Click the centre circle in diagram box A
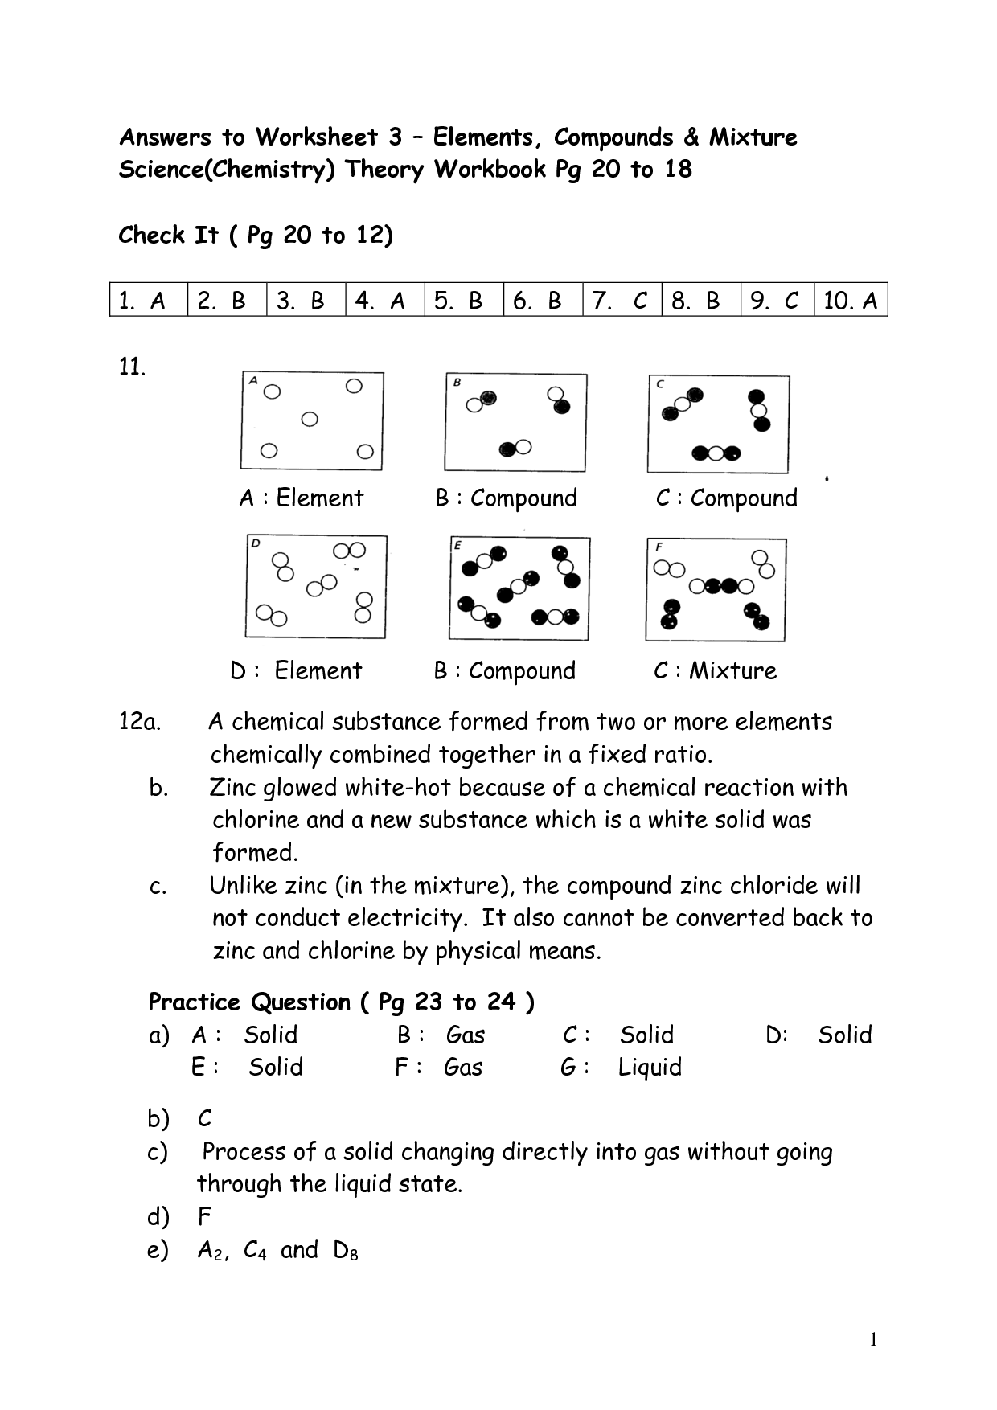[310, 419]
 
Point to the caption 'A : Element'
[302, 498]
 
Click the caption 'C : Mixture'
[716, 671]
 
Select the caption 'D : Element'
[296, 671]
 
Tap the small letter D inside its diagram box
[255, 543]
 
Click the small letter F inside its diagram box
[659, 547]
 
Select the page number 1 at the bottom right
[873, 1338]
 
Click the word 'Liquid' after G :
[650, 1068]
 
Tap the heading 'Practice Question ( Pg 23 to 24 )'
[341, 1002]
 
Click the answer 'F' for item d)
[204, 1217]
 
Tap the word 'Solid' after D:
[844, 1035]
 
